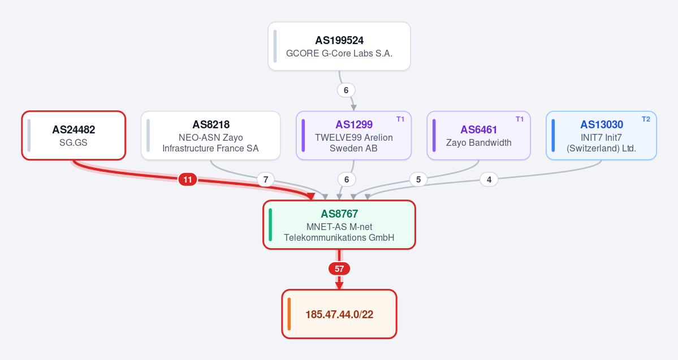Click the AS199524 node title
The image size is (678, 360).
[x=339, y=41]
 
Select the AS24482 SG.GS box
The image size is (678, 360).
[x=74, y=135]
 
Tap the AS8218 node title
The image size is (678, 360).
[x=211, y=124]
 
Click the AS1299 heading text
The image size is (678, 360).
[x=354, y=124]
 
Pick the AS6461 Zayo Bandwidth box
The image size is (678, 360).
[x=478, y=135]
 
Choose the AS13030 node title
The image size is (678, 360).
[x=602, y=124]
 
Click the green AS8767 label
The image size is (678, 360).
[x=339, y=214]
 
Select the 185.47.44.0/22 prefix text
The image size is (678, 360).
[x=339, y=315]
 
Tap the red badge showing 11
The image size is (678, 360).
[x=188, y=179]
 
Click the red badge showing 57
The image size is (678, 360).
[x=339, y=269]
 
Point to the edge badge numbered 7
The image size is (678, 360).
[x=266, y=179]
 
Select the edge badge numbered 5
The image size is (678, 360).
[x=418, y=179]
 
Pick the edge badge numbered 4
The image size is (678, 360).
[x=489, y=179]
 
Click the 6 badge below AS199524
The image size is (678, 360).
[x=346, y=90]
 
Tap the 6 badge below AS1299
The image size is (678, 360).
[x=346, y=179]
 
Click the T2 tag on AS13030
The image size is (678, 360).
[x=646, y=119]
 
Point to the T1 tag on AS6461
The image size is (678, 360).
[x=520, y=119]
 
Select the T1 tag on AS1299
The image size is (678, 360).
[x=400, y=119]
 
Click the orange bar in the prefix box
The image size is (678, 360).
[x=289, y=314]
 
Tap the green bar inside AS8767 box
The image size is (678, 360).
[x=270, y=225]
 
